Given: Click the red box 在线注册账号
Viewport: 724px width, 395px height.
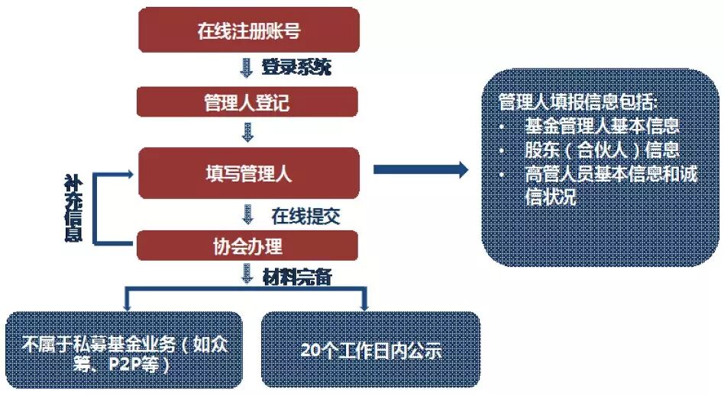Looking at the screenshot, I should click(247, 31).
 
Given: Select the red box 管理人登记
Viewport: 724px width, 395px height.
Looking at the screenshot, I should click(247, 102).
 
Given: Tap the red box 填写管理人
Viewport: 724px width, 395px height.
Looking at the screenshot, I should click(247, 174).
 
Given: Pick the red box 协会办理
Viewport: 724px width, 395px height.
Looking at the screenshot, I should click(247, 246).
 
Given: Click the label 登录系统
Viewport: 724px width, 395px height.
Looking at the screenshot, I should click(296, 67).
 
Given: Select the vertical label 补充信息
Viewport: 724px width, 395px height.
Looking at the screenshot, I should click(73, 208).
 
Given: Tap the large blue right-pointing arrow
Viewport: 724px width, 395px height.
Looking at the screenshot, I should click(420, 169).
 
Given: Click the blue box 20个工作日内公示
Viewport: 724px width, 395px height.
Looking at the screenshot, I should click(371, 351).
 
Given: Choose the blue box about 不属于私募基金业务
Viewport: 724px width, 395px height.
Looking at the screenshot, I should click(124, 351).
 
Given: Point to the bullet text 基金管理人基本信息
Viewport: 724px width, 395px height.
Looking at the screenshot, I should click(602, 126).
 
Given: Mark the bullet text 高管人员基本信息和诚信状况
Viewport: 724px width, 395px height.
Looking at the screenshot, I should click(603, 185).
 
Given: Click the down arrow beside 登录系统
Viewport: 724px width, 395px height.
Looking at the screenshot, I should click(247, 68).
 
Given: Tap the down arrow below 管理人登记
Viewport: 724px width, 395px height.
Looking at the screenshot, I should click(247, 133).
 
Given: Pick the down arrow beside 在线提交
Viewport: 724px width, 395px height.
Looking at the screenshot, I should click(247, 214).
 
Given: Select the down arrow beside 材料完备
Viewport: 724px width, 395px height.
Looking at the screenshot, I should click(247, 275).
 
